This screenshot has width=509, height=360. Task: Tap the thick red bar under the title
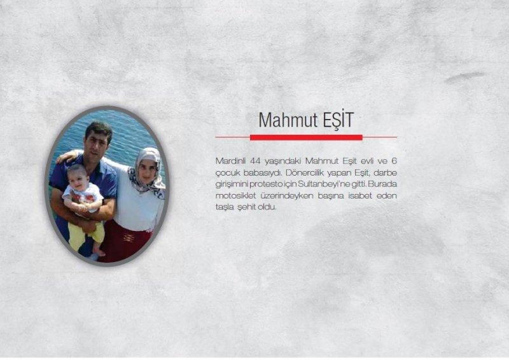pos(306,137)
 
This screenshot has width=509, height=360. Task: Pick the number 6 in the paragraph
pos(393,160)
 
